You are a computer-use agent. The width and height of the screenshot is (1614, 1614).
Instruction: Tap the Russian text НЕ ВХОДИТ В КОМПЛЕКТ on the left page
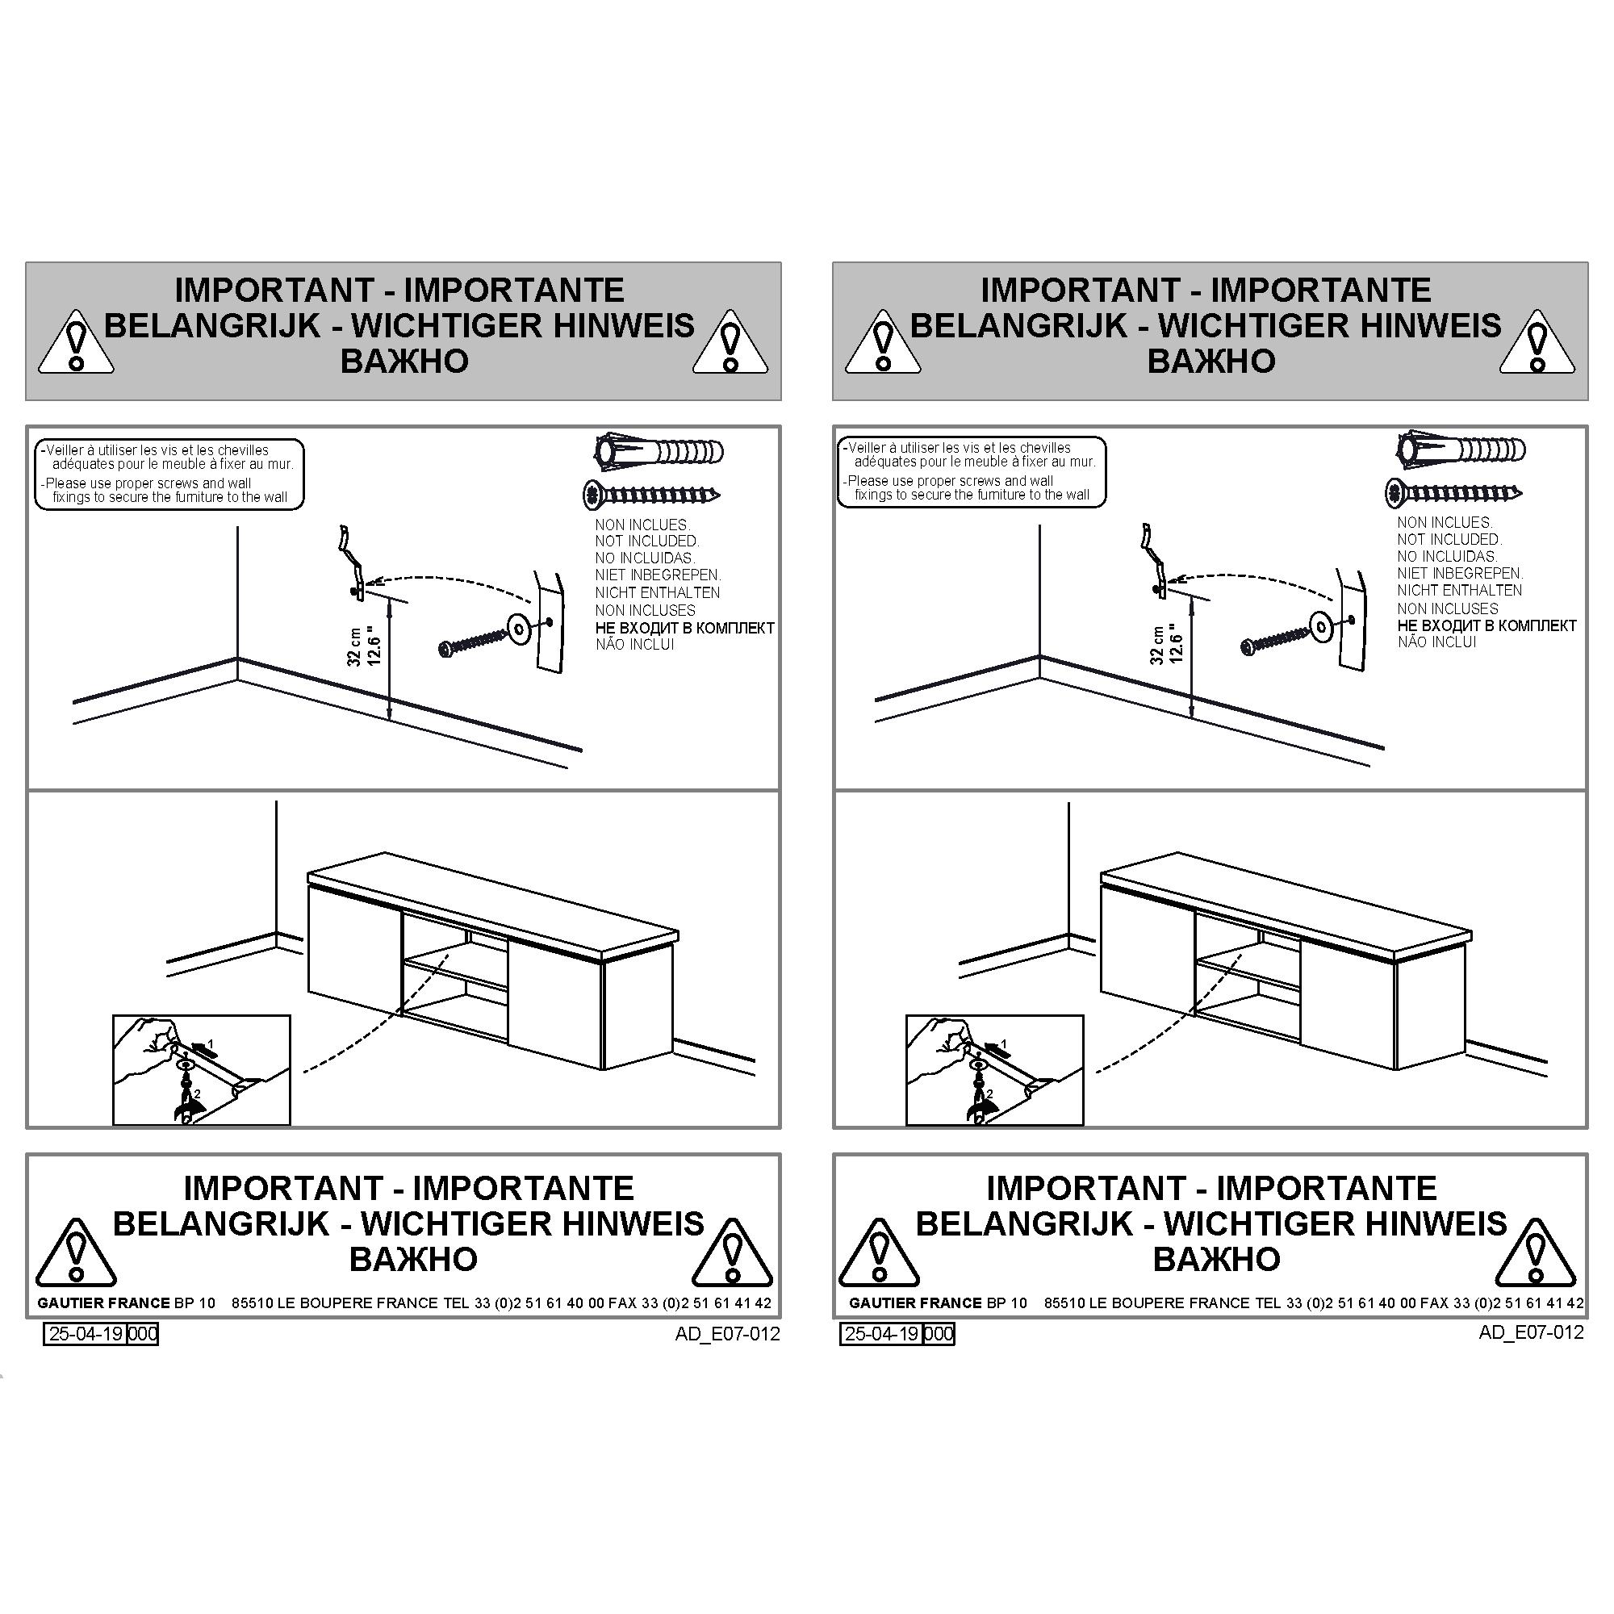coord(684,627)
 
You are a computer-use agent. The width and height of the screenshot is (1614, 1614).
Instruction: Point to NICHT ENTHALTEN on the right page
coord(1459,590)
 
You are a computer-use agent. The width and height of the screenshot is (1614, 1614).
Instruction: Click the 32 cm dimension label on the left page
coord(355,647)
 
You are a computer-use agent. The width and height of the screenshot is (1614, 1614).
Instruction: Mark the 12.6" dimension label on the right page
coord(1177,643)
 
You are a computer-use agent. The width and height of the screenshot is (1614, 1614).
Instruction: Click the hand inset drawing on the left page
coord(201,1070)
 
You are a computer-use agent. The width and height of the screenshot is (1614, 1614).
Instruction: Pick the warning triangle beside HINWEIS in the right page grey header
coord(1537,342)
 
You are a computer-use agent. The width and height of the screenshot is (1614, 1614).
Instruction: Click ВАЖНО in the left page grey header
coord(404,361)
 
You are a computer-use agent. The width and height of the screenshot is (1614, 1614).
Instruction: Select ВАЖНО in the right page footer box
coord(1216,1259)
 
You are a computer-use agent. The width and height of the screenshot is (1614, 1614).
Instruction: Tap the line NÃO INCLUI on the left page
coord(635,644)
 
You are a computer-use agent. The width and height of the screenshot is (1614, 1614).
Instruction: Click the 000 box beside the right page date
coord(939,1333)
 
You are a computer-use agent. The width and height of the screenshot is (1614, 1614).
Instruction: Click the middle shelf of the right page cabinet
coord(1248,968)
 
